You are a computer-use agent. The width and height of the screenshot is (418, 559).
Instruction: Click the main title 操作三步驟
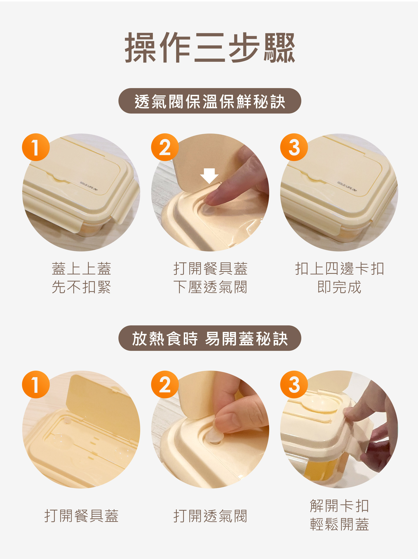coord(210,47)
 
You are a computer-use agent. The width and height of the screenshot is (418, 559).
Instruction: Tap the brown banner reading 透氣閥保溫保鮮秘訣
coord(210,101)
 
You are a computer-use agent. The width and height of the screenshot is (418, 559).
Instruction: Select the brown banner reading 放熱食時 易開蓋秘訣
coord(210,338)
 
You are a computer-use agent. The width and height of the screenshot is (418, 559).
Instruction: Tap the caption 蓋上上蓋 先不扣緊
coord(81,278)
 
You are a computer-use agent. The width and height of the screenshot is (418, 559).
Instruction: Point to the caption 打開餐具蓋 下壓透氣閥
coord(210,278)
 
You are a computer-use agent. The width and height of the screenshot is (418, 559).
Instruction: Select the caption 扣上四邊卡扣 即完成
coord(339,278)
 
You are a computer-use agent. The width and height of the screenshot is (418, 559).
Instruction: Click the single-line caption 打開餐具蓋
coord(81,515)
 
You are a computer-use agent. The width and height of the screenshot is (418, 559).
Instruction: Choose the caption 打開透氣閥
coord(210,515)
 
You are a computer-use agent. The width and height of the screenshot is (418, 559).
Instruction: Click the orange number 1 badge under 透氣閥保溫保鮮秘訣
coord(36,147)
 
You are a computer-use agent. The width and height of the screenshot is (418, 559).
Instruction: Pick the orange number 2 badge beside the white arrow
coord(165,147)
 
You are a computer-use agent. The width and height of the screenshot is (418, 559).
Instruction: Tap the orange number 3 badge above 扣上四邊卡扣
coord(294,147)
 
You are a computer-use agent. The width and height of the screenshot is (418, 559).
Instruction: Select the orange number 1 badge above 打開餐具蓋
coord(36,385)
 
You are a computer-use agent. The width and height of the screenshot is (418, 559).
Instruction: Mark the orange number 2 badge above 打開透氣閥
coord(165,385)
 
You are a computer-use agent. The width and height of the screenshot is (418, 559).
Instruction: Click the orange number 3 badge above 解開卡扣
coord(294,385)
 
